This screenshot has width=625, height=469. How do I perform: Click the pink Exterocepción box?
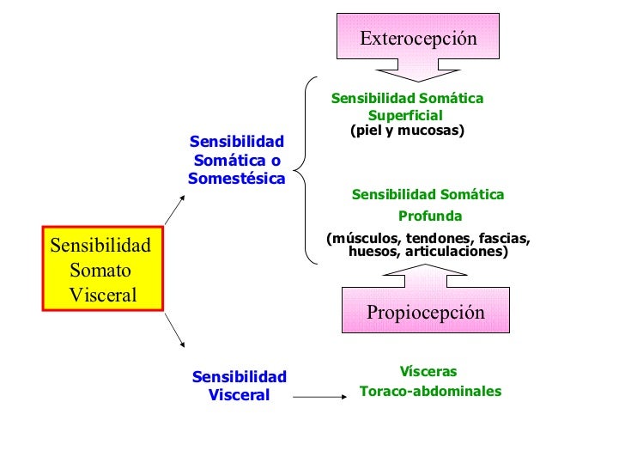click(x=417, y=38)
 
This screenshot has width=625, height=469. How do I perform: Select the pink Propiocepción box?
click(x=426, y=312)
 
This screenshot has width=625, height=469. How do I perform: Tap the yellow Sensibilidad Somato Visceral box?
click(x=102, y=270)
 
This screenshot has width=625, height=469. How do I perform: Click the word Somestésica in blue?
click(x=236, y=179)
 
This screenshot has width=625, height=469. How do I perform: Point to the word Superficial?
click(x=405, y=115)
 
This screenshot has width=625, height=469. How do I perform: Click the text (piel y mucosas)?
click(x=407, y=131)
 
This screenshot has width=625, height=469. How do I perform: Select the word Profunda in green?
click(x=429, y=216)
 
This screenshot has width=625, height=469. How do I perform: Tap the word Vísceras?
click(x=428, y=372)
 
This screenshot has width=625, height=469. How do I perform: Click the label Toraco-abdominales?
click(x=429, y=391)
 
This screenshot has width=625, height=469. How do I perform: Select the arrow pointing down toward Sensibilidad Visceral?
click(x=174, y=331)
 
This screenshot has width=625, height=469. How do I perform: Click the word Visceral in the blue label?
click(x=239, y=395)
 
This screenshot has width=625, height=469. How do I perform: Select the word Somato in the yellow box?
click(x=100, y=270)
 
